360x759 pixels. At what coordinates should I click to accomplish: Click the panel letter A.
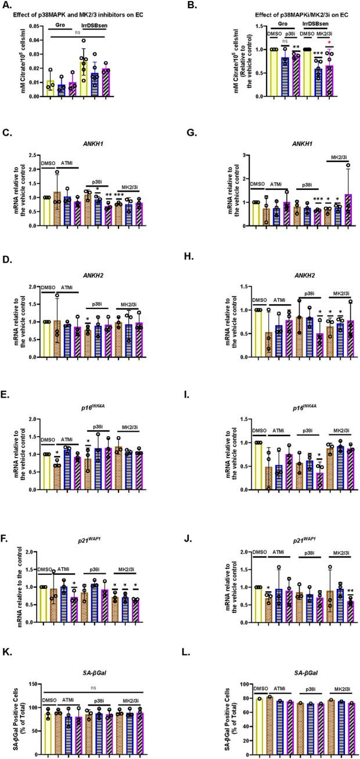click(x=6, y=6)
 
